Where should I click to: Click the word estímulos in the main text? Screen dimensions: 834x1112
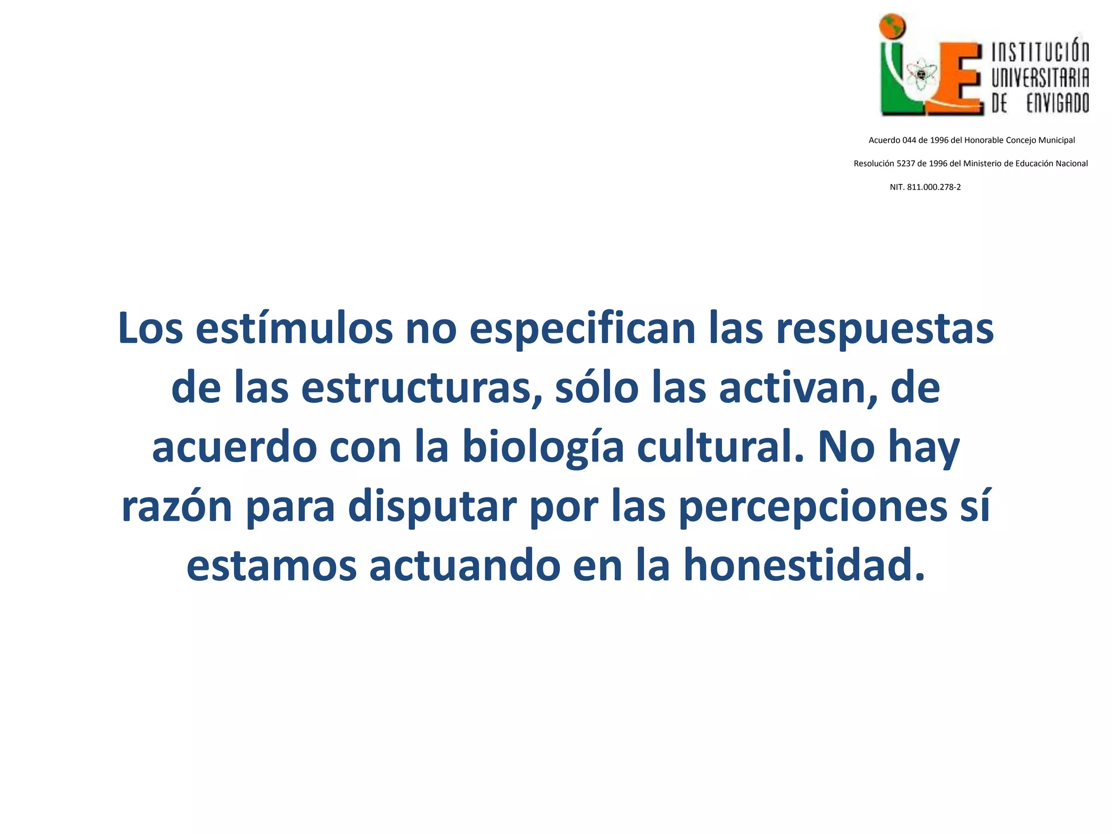[294, 329]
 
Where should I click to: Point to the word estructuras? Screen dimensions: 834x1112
[421, 388]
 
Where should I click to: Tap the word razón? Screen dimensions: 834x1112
[177, 507]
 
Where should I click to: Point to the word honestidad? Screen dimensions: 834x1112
[804, 565]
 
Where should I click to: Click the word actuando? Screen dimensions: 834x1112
[465, 565]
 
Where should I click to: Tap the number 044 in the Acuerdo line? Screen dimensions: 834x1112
[909, 140]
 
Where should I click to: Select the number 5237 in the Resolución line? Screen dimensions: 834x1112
[906, 163]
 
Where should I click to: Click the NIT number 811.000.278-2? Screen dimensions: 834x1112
[934, 187]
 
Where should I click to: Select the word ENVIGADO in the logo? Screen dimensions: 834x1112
[1057, 103]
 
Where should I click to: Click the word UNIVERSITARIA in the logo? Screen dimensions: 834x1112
[1040, 78]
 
